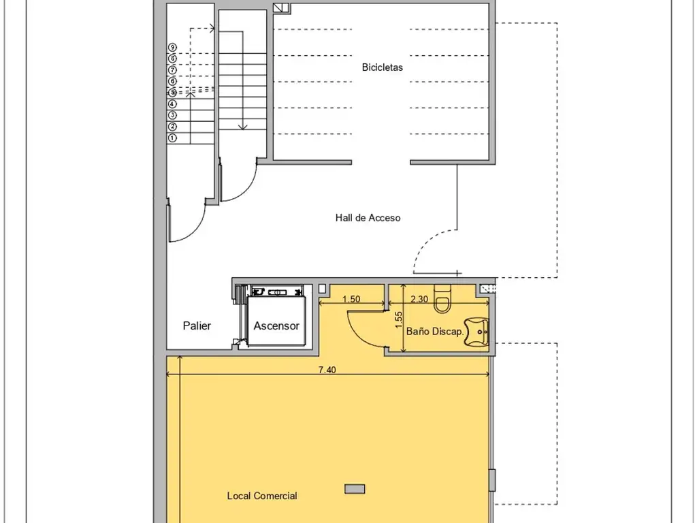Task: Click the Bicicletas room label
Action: (383, 67)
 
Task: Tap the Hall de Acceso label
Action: (368, 217)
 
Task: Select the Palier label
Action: (197, 326)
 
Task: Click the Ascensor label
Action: (276, 326)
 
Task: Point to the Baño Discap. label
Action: (435, 332)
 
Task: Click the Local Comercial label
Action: (262, 496)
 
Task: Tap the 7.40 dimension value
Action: (327, 370)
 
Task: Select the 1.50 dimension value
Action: (351, 299)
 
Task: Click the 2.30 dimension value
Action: (419, 299)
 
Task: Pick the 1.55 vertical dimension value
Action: (398, 320)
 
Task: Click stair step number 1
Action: (172, 138)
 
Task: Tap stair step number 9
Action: (172, 47)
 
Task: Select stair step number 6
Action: (172, 81)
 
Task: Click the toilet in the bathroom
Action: (442, 299)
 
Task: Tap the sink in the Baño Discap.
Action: (476, 332)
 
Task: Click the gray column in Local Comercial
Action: (355, 489)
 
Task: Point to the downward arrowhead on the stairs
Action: (242, 127)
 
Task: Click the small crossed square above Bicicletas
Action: (281, 7)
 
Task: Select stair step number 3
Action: (172, 115)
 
